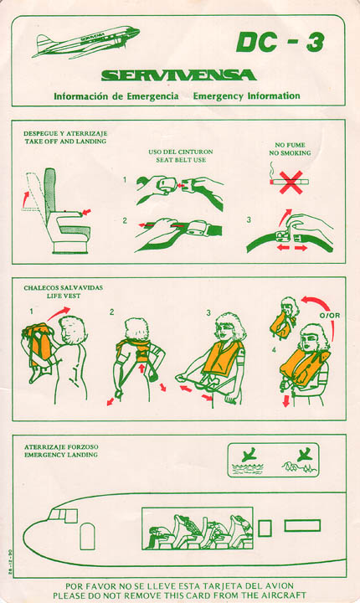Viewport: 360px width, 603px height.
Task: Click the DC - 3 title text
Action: tap(280, 42)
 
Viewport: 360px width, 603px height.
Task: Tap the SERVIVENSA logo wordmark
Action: tap(179, 75)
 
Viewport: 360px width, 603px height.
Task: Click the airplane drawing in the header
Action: tap(85, 42)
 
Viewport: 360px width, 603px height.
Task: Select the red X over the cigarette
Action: tap(291, 183)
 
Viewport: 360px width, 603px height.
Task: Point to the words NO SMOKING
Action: tap(290, 153)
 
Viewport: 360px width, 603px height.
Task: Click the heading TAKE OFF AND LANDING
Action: tap(65, 142)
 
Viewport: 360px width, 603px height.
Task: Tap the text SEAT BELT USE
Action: tap(181, 160)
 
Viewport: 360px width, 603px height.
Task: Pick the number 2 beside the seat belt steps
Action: tap(125, 221)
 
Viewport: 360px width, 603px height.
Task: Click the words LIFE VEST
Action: tap(64, 296)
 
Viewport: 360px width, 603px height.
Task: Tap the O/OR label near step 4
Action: tap(330, 316)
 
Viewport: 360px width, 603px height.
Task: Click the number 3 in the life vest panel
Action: tap(208, 312)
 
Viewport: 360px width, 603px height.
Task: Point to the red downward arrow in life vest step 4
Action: tap(285, 400)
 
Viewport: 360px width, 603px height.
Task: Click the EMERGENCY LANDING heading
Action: tap(61, 455)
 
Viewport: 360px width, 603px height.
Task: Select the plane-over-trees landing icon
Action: tap(300, 461)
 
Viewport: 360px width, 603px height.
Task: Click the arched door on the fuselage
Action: tap(87, 536)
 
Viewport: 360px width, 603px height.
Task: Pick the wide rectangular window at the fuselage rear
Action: tap(302, 526)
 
